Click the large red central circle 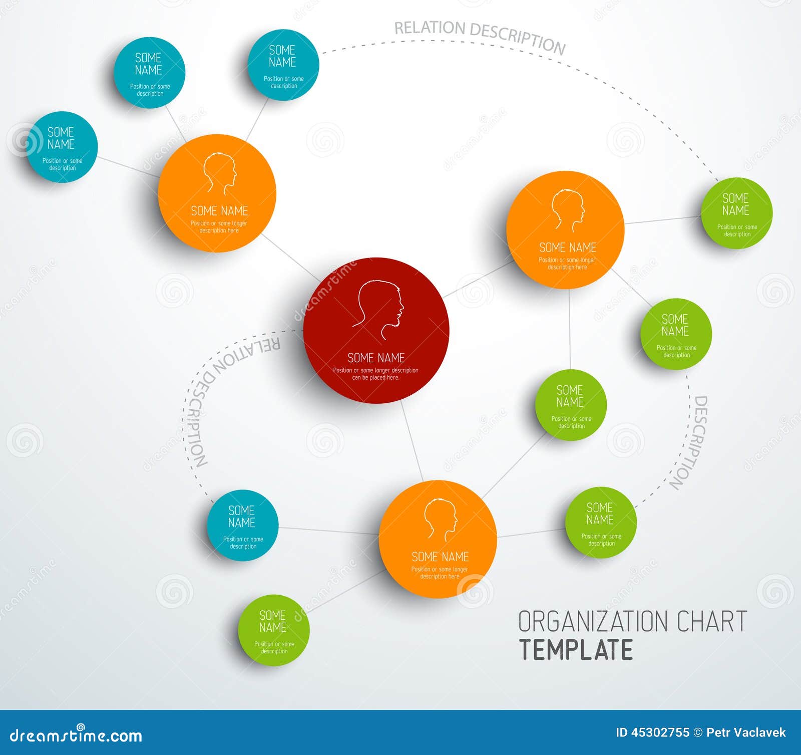coord(376,330)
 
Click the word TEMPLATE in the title coord(576,650)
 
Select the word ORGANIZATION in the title coord(594,621)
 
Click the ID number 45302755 coord(660,732)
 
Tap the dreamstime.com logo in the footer coord(76,734)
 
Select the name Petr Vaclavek coord(746,732)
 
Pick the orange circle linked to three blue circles coord(217,193)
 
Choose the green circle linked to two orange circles coord(571,405)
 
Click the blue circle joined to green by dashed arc coord(283,65)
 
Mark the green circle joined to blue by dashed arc coord(736,213)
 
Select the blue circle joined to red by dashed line coord(243,525)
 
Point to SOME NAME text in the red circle coord(376,358)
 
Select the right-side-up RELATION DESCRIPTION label coord(480,36)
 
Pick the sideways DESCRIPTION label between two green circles coord(690,442)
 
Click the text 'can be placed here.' coord(375,378)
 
